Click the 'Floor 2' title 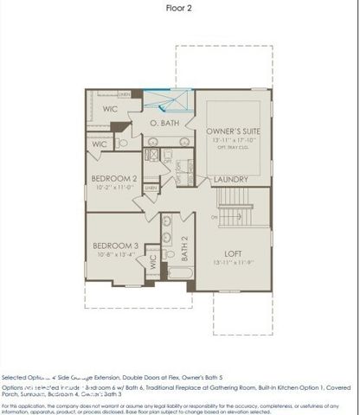pyautogui.click(x=179, y=8)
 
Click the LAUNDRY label pyautogui.click(x=232, y=179)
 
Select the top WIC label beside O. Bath pyautogui.click(x=109, y=109)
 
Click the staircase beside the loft pyautogui.click(x=232, y=207)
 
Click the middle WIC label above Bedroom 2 pyautogui.click(x=100, y=144)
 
